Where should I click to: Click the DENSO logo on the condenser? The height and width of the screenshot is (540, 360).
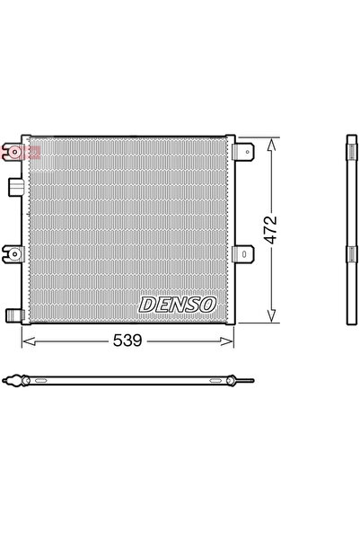click(x=179, y=305)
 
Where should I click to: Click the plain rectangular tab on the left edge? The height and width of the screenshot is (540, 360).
click(x=13, y=186)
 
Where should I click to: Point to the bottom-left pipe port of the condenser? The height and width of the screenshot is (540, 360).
click(x=13, y=314)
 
